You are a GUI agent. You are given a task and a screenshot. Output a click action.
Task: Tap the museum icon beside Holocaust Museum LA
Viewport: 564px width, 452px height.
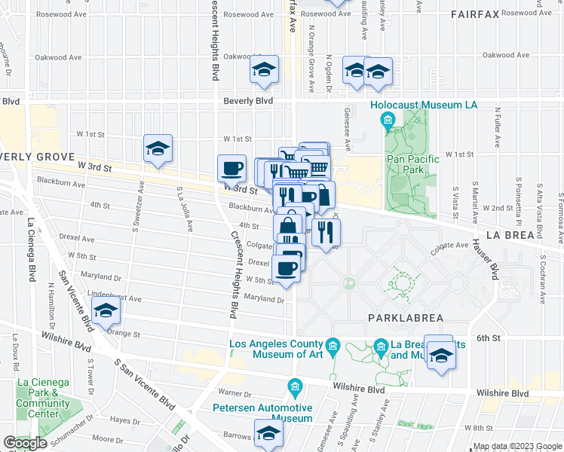pos(388,120)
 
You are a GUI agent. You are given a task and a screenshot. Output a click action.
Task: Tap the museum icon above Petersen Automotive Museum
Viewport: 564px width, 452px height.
pos(295,389)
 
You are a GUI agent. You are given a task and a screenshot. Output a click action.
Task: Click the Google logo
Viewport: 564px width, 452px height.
pos(26,444)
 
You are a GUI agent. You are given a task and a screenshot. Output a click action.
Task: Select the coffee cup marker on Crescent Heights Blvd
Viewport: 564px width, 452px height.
pos(231,167)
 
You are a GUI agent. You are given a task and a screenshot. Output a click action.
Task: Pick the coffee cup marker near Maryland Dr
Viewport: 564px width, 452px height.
pos(285,269)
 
